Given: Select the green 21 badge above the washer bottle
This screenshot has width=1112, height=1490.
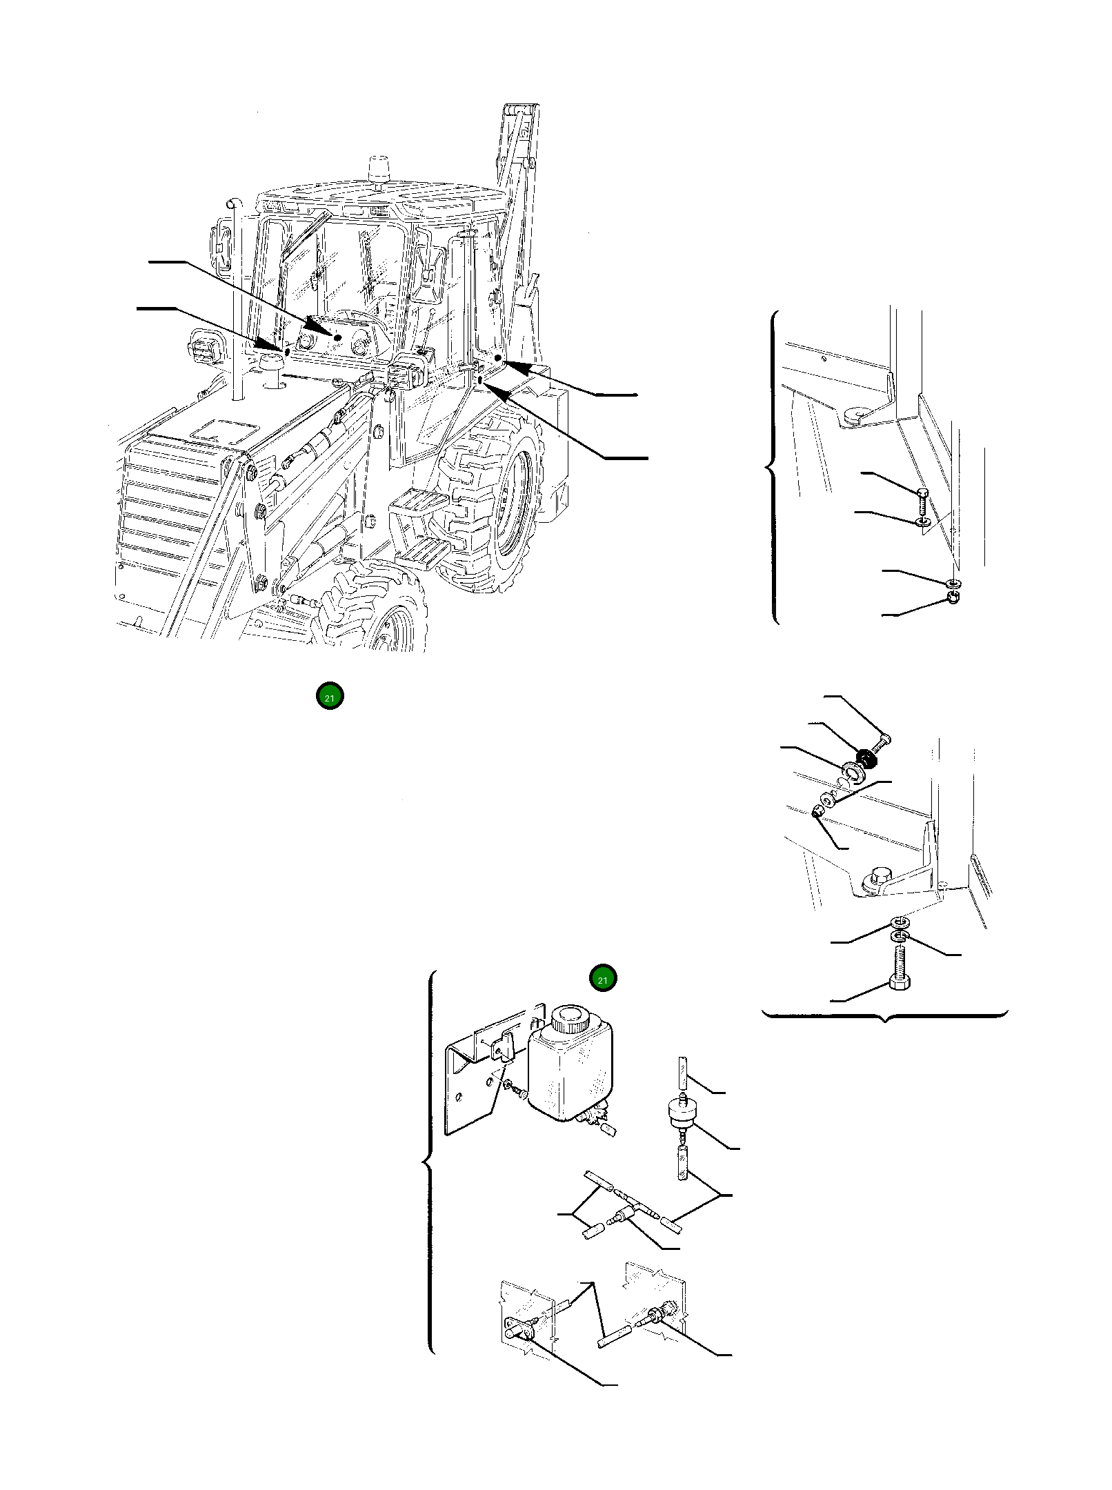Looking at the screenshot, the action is [x=603, y=980].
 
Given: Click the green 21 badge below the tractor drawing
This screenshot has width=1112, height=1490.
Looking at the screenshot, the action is [x=330, y=697].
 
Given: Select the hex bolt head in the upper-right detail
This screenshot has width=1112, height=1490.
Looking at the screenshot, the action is [x=924, y=492].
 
